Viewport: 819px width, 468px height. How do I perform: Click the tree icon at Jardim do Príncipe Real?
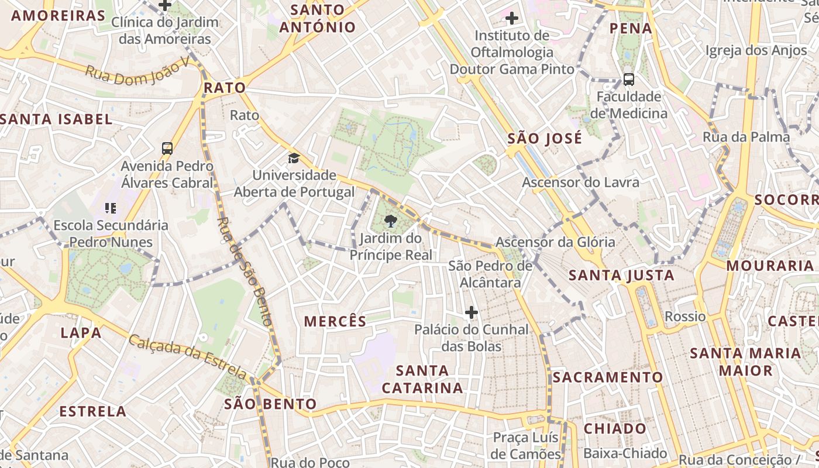click(390, 221)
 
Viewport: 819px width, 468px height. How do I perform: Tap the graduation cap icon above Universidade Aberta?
click(294, 158)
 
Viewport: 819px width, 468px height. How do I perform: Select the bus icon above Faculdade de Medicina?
click(629, 79)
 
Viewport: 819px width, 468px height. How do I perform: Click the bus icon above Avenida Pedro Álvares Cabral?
click(167, 149)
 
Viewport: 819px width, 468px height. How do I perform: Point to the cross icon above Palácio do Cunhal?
click(472, 312)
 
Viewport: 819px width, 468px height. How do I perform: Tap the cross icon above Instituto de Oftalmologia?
click(512, 18)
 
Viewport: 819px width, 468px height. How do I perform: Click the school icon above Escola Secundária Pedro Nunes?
click(111, 208)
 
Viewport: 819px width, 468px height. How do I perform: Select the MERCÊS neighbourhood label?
click(335, 321)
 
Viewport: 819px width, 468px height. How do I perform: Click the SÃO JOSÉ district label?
click(545, 139)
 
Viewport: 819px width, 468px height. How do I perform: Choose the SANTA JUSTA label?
click(621, 275)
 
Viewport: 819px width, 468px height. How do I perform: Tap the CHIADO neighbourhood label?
click(615, 429)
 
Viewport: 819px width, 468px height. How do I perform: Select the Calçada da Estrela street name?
click(187, 356)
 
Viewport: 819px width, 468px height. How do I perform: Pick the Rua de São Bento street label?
click(245, 270)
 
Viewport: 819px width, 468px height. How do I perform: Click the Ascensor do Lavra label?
click(580, 183)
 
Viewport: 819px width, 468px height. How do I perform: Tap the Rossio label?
click(685, 316)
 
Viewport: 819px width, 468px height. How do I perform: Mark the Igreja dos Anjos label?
click(756, 51)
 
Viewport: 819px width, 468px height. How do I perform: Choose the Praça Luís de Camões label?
click(526, 446)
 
